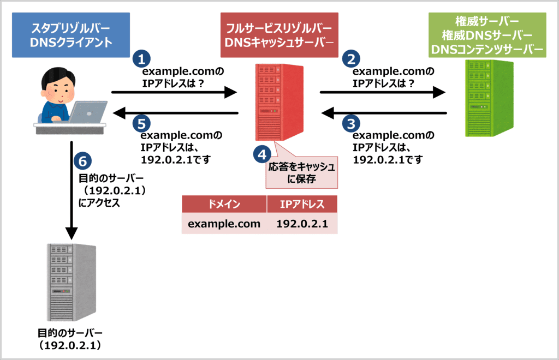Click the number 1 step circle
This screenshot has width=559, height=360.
click(141, 58)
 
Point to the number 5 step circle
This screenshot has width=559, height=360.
click(141, 124)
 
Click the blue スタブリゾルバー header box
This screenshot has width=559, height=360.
click(71, 35)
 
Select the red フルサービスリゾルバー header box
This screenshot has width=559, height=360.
click(279, 35)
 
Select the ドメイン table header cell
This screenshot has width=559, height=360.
click(224, 205)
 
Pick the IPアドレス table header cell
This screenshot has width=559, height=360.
click(302, 205)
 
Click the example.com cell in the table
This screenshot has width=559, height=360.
click(224, 224)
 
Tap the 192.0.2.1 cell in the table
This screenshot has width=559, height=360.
click(302, 224)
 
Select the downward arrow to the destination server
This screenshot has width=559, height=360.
click(72, 191)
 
